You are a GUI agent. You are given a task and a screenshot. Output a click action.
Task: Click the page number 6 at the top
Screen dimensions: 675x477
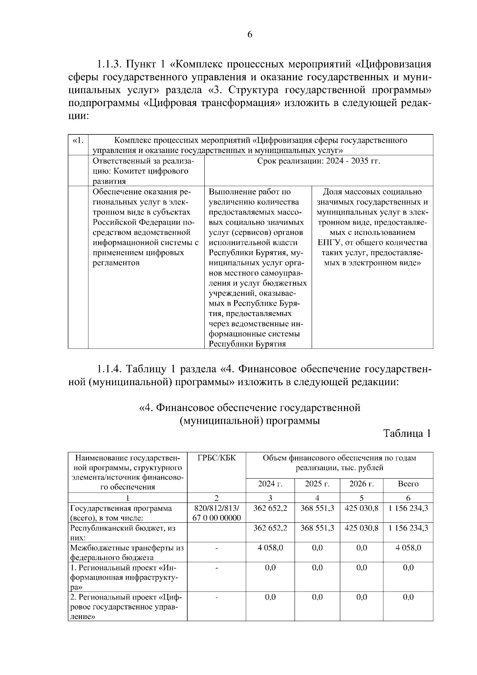(250, 35)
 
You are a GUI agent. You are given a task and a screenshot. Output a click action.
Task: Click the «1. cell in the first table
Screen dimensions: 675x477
(78, 141)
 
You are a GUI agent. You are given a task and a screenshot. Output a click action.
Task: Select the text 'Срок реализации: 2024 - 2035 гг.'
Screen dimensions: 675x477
(318, 161)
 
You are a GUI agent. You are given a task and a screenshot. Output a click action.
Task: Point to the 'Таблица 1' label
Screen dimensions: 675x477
(407, 433)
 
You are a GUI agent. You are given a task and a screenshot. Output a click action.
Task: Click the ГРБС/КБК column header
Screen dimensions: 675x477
(216, 458)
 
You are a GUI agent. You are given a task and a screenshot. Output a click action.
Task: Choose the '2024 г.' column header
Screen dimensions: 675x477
(270, 484)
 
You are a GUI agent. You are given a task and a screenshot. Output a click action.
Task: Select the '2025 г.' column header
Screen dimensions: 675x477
(317, 484)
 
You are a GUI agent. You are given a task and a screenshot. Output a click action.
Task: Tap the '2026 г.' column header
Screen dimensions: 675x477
(361, 484)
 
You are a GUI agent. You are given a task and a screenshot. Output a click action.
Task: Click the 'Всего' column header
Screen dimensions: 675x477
(408, 484)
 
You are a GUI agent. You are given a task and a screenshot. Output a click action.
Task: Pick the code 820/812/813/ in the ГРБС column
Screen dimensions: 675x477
(216, 508)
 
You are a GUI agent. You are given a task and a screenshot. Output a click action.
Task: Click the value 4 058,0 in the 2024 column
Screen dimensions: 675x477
(270, 548)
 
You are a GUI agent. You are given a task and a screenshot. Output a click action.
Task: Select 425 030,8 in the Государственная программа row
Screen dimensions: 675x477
(361, 508)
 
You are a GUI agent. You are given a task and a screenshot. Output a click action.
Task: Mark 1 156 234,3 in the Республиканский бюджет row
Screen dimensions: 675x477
(408, 528)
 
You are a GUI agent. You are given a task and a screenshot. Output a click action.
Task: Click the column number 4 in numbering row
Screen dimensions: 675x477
(317, 498)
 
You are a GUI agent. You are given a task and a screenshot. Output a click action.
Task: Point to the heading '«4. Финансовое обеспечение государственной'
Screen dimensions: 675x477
(250, 408)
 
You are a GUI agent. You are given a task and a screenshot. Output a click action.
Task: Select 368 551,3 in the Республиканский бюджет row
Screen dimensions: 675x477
(317, 528)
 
